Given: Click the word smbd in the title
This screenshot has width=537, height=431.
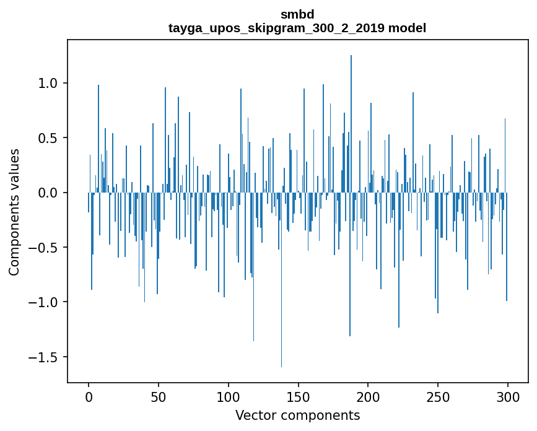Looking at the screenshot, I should (297, 14).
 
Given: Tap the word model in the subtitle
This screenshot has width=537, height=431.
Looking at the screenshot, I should (408, 28).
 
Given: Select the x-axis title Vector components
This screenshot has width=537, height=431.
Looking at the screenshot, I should (297, 415).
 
